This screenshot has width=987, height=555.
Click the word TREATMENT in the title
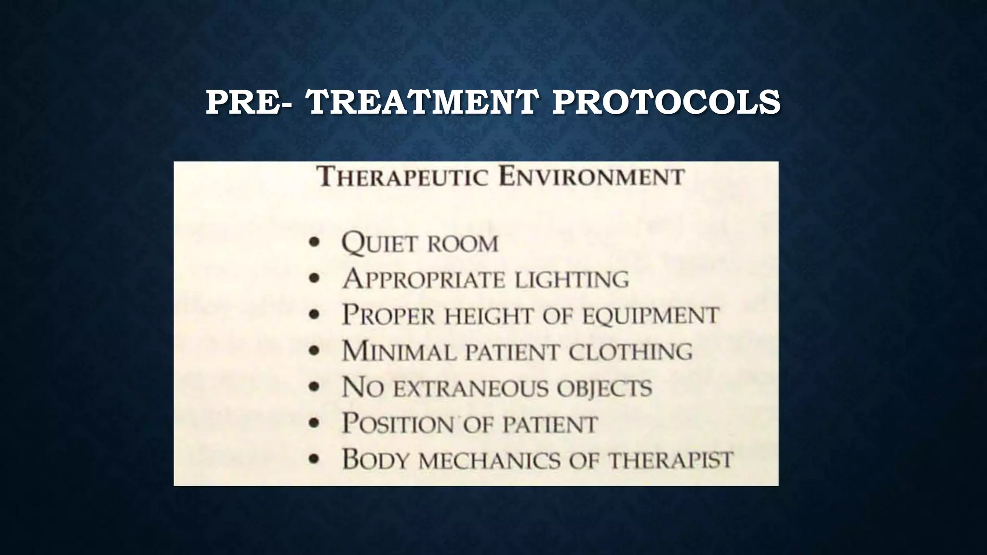coord(422,102)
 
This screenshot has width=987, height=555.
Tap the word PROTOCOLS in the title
coord(666,102)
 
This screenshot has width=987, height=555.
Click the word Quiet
coord(378,243)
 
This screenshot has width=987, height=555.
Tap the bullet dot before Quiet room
coord(315,242)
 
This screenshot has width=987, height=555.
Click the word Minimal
coord(399,352)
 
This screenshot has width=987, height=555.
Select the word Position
coord(398,424)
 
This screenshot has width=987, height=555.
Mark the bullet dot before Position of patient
coord(315,423)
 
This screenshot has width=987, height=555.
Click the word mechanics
coord(490,460)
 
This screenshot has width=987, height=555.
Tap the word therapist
coord(670,460)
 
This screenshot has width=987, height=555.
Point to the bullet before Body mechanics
coord(315,460)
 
